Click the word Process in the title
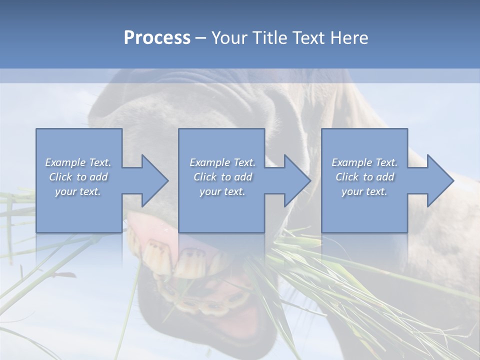click(157, 38)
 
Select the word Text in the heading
click(309, 38)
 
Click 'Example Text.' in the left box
click(78, 162)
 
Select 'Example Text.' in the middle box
click(222, 162)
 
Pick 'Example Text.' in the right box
click(364, 162)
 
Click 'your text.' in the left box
click(78, 191)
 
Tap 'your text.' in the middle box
click(222, 191)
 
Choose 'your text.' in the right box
click(364, 191)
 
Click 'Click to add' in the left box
click(78, 177)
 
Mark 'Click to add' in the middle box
click(222, 177)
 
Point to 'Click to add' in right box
click(364, 177)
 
